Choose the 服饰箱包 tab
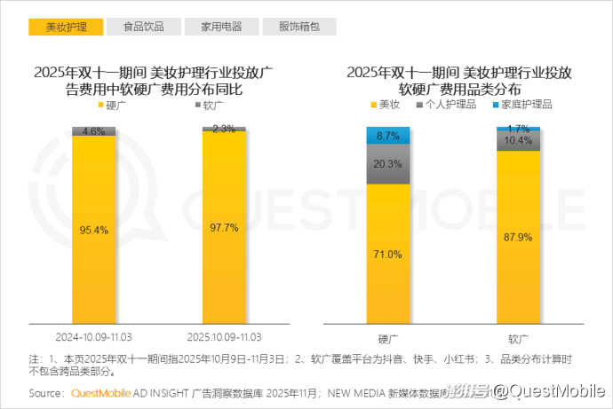click(x=299, y=27)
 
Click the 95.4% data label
click(x=94, y=230)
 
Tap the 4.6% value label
click(x=94, y=131)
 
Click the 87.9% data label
click(x=519, y=237)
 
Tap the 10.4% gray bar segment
click(x=519, y=141)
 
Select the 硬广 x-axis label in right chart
click(x=388, y=339)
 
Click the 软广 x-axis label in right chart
click(x=519, y=339)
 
